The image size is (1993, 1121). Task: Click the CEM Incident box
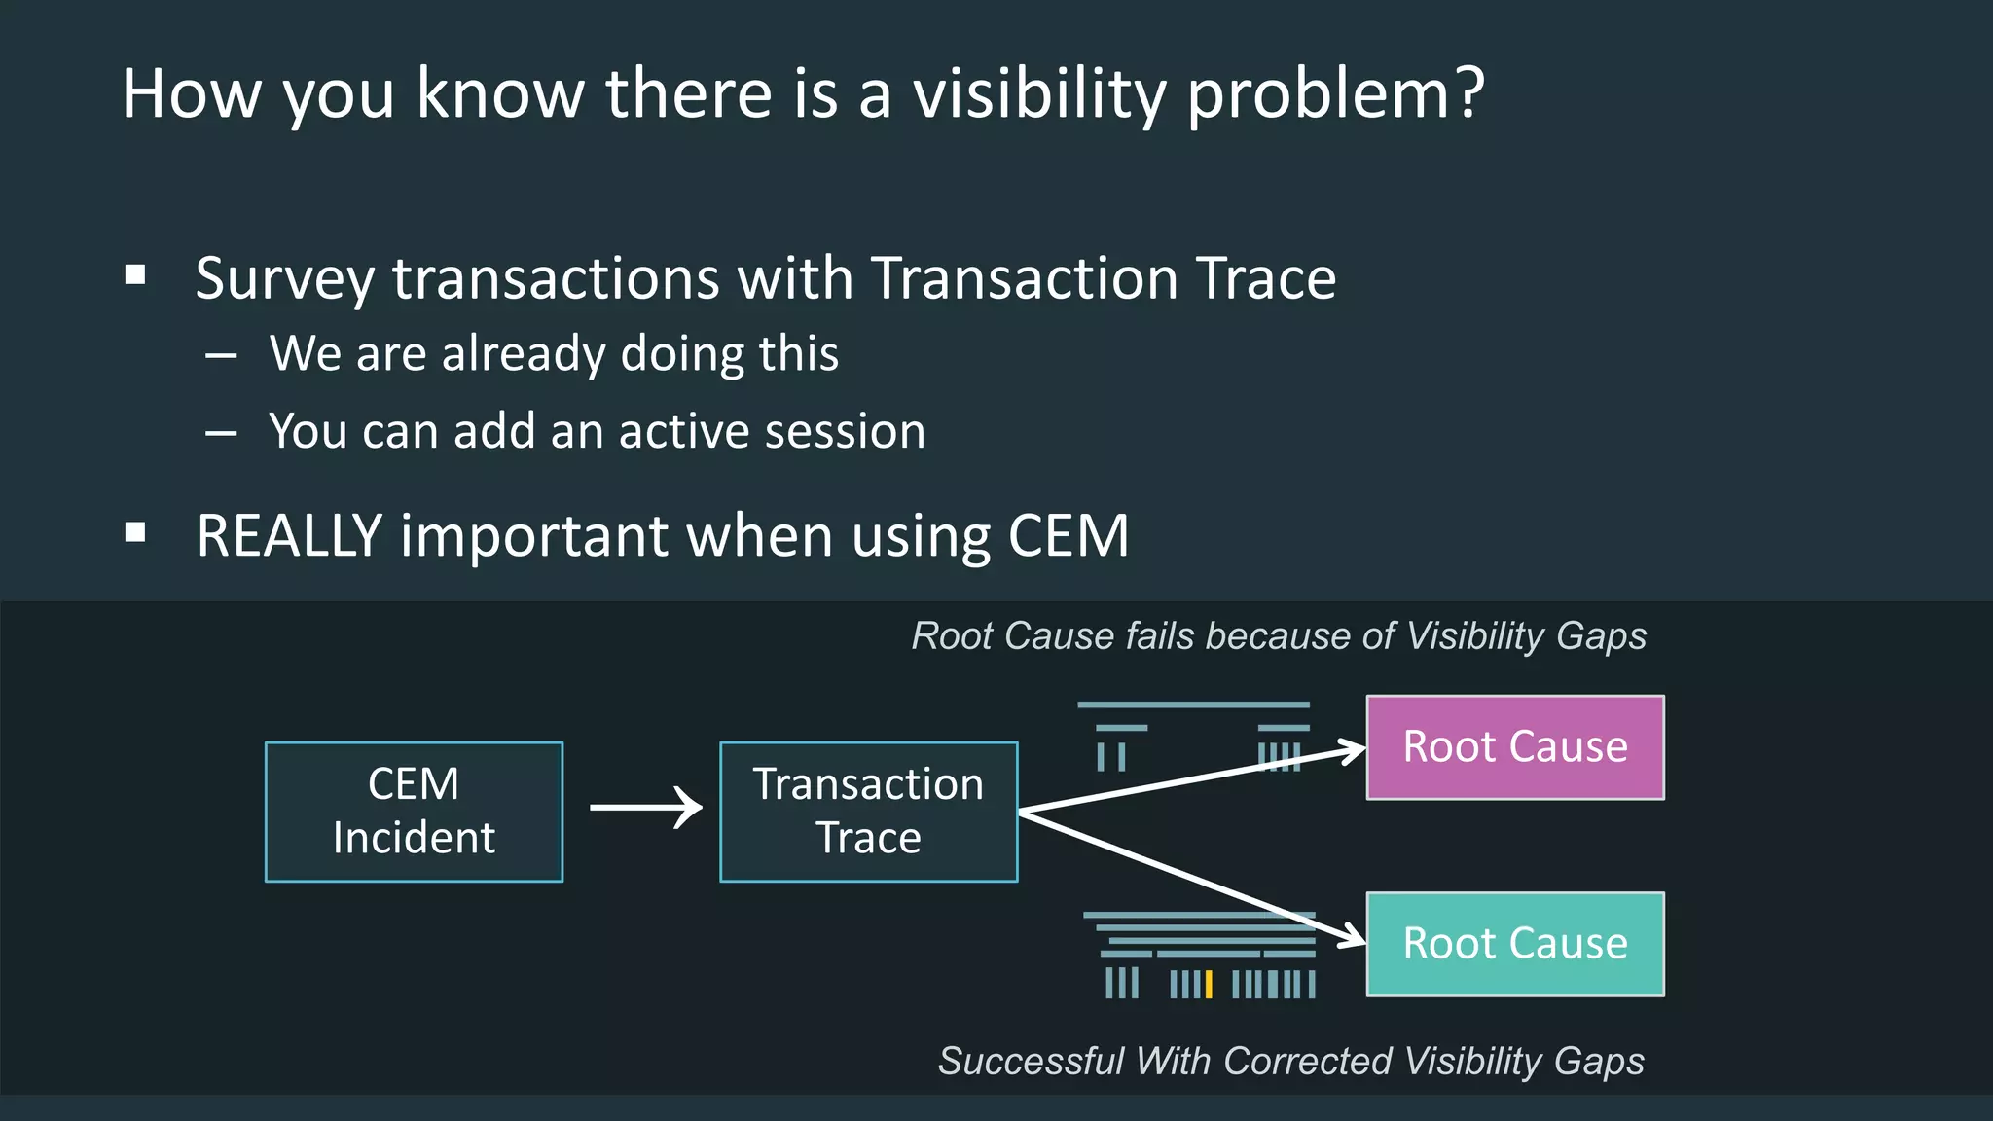click(x=414, y=812)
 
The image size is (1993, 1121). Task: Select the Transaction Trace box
click(x=868, y=812)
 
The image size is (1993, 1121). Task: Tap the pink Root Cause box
click(x=1515, y=747)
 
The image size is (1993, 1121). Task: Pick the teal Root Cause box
click(x=1515, y=944)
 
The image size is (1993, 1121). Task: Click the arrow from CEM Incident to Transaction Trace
click(x=645, y=808)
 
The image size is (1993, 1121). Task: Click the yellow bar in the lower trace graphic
click(x=1209, y=984)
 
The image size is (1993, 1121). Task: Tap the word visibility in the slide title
click(x=1039, y=94)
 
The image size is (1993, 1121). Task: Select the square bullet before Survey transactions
click(x=135, y=275)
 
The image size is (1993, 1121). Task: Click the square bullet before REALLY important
click(x=135, y=532)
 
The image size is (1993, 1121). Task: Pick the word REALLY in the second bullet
click(x=289, y=535)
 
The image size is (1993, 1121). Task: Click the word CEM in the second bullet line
click(x=1068, y=535)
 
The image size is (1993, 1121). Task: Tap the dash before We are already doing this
click(x=222, y=356)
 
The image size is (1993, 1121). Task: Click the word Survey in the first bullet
click(x=284, y=279)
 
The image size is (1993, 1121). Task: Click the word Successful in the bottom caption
click(x=1031, y=1061)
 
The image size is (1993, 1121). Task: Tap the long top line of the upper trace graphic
click(x=1193, y=705)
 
